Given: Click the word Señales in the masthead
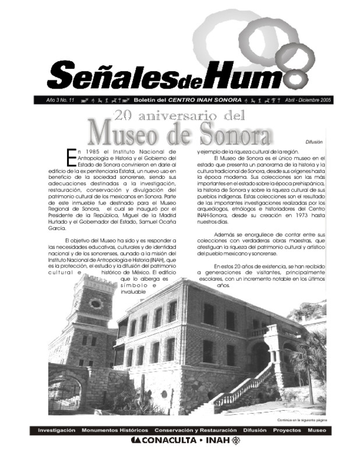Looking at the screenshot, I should (93, 74).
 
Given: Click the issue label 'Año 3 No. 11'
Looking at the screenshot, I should (60, 100).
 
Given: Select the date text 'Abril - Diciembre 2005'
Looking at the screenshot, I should (308, 100).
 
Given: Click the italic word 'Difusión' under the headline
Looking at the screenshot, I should (313, 142).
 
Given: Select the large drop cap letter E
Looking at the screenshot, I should (71, 156).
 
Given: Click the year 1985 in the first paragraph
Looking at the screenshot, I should (87, 151).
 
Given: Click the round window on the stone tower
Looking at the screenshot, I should (96, 303).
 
